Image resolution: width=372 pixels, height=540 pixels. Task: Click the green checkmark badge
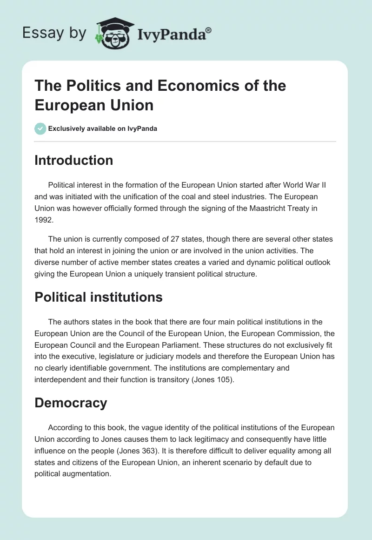click(40, 128)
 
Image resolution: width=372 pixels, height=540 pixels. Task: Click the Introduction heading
click(74, 160)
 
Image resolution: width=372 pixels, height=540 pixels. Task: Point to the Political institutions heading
click(99, 297)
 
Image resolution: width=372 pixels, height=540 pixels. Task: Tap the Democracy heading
click(71, 403)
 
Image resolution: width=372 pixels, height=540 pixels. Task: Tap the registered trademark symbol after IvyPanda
click(208, 30)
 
